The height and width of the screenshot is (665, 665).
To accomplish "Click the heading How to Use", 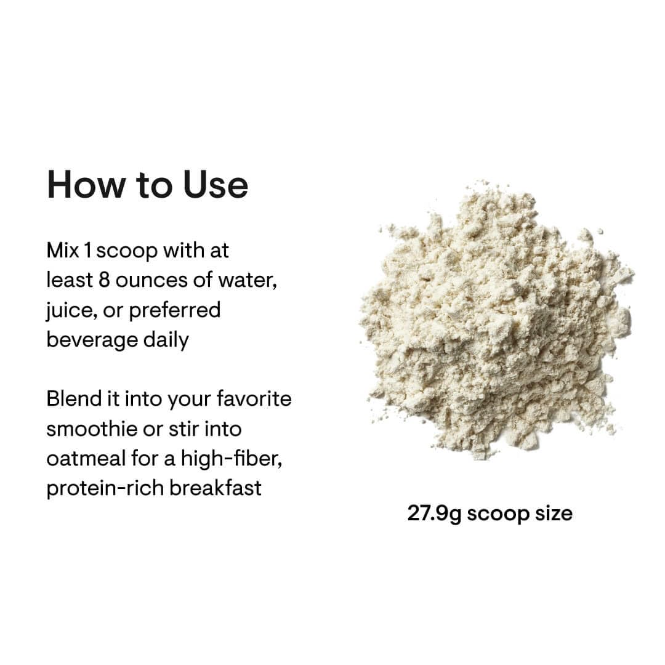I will click(x=147, y=185).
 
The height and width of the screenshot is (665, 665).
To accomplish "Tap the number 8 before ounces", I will click(x=104, y=280).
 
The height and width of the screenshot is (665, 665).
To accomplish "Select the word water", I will click(x=246, y=280).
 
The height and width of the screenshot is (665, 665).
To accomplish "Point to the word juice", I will click(x=67, y=310).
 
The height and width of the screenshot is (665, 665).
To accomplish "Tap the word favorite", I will click(x=254, y=399).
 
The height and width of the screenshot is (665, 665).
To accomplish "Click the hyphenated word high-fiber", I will click(x=232, y=458).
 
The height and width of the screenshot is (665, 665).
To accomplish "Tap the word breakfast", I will click(x=216, y=488).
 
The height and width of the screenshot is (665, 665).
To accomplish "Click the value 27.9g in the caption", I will click(x=433, y=514).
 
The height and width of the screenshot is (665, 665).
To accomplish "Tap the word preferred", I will click(x=175, y=310).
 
